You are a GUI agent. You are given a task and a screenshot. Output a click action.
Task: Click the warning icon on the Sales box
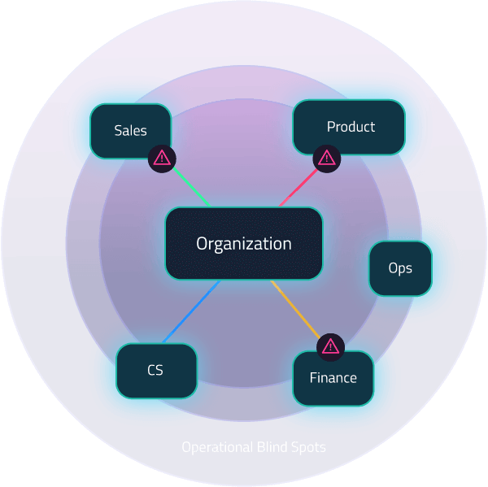pos(162,158)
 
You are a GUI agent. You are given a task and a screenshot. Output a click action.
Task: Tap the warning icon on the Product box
pos(327,158)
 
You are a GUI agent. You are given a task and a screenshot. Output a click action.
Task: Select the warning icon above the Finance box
pos(330,346)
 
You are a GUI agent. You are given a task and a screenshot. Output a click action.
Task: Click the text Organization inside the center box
pos(244,243)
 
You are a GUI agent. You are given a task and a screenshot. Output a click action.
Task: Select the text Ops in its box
pos(400,268)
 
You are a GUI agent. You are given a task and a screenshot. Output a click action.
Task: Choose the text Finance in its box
pos(333,378)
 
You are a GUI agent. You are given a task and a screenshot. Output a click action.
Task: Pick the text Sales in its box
pos(130,130)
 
